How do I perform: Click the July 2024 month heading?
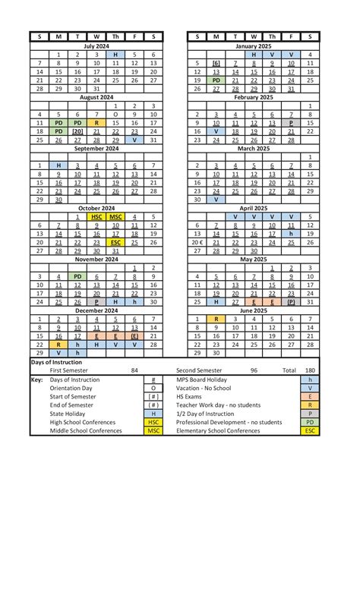tap(96, 46)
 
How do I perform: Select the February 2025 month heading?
tap(254, 97)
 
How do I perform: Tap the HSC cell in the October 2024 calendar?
tap(96, 216)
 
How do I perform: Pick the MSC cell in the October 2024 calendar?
tap(115, 216)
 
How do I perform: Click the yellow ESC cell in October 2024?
tap(115, 242)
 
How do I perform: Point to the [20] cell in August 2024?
tap(77, 131)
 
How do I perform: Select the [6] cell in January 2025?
tap(216, 63)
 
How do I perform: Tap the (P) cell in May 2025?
tap(291, 302)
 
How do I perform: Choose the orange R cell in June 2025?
tap(216, 320)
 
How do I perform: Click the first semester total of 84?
tap(134, 370)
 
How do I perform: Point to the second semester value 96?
tap(254, 370)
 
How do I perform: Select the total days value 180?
tap(310, 370)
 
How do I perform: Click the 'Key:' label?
tap(37, 379)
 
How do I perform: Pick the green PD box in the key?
tap(310, 421)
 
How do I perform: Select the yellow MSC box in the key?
tap(153, 430)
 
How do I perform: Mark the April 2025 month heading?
tap(254, 208)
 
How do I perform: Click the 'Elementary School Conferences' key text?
tap(219, 430)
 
